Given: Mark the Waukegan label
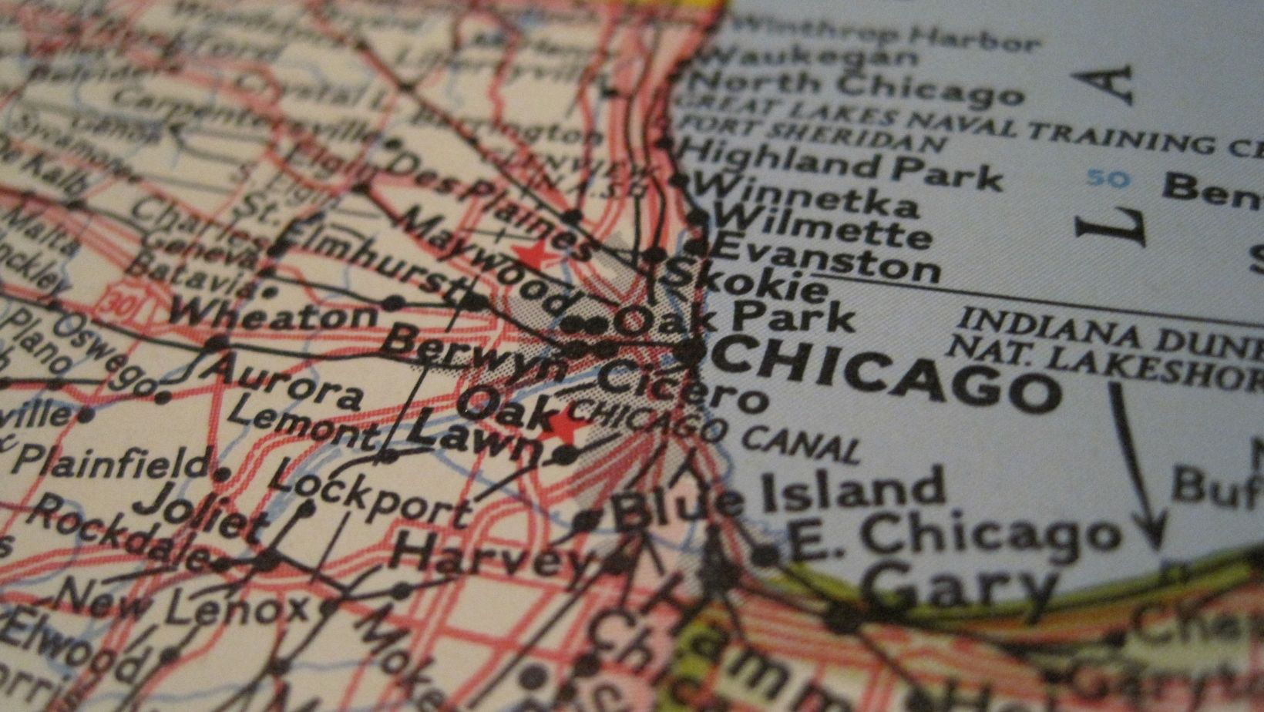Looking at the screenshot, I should coord(809,56).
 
